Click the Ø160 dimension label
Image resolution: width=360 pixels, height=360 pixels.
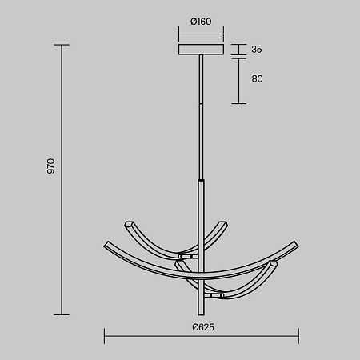[201, 22]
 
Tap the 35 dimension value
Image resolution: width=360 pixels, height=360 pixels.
[257, 50]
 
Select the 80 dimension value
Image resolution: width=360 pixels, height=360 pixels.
[257, 78]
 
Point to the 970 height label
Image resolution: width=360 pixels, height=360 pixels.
[50, 166]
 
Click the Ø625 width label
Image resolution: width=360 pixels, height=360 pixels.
[203, 327]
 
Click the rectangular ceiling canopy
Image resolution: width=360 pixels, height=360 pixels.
[201, 50]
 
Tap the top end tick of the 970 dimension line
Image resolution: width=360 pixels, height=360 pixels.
[62, 45]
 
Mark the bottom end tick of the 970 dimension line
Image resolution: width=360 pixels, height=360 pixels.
[62, 314]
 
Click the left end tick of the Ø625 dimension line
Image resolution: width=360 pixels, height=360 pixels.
[105, 336]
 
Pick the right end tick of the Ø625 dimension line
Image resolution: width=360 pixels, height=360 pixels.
[298, 336]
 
